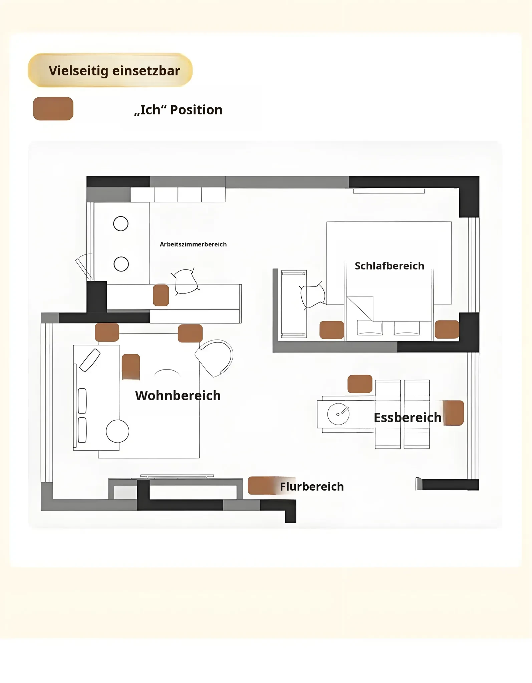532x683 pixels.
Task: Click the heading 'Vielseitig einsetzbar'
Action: (114, 71)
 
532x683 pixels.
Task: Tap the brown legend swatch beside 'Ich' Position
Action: (53, 109)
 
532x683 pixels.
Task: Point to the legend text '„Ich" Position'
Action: (178, 110)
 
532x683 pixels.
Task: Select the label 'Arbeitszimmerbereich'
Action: (193, 244)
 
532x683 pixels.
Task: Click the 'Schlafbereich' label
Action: (389, 266)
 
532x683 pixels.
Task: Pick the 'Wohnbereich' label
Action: (178, 396)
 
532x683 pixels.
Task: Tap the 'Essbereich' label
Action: (408, 418)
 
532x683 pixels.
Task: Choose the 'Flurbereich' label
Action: (312, 487)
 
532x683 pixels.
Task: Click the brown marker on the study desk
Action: (161, 295)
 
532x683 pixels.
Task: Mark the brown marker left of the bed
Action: (332, 330)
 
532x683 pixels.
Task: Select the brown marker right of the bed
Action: (447, 329)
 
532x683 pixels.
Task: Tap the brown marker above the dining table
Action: (360, 384)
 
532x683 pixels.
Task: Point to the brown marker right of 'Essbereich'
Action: (453, 413)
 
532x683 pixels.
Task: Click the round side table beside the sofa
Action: (117, 431)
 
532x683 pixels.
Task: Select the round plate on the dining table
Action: (338, 414)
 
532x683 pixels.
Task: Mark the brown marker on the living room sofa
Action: (131, 367)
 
